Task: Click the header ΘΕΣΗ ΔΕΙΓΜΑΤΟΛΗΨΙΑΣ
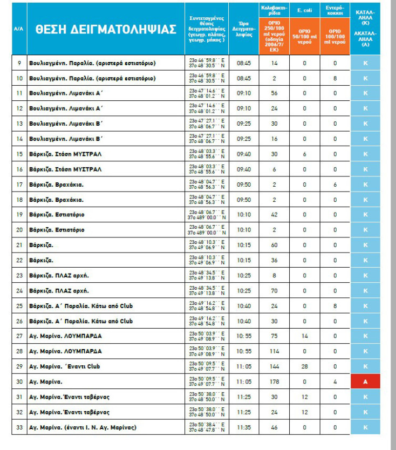coord(106,30)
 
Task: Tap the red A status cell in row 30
coord(365,381)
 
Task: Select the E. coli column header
coord(305,10)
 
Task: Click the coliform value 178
coord(275,381)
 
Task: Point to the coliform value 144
coord(275,366)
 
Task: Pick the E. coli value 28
coord(305,366)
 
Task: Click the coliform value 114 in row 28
coord(275,351)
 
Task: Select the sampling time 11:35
coord(243,427)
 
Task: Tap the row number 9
coord(19,63)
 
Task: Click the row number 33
coord(19,427)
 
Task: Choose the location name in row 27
coord(65,336)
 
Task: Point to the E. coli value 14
coord(305,336)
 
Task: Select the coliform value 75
coord(275,336)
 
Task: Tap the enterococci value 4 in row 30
coord(334,381)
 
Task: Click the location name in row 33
coord(83,427)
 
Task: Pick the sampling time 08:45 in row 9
coord(243,63)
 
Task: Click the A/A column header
coord(18,29)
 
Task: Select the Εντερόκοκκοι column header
coord(334,10)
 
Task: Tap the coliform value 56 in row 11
coord(275,93)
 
